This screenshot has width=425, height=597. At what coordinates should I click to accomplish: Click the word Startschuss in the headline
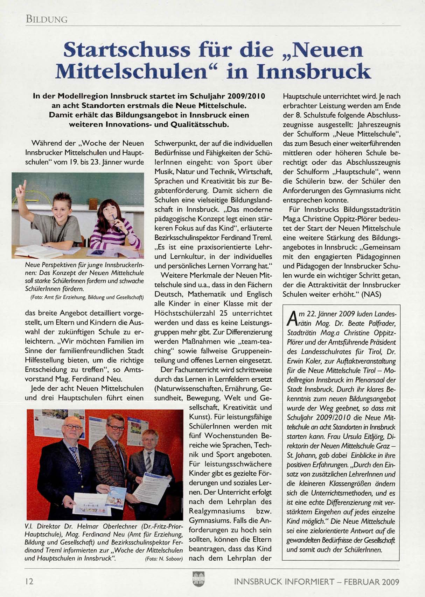(x=127, y=50)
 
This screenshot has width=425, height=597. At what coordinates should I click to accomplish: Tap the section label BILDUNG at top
(x=47, y=19)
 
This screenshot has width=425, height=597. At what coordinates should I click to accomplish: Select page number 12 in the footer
(x=29, y=581)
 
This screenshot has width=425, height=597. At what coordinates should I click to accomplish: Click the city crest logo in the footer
(x=198, y=579)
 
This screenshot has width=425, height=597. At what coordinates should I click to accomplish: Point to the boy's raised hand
(x=22, y=187)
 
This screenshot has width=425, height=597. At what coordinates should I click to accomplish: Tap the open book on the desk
(x=39, y=251)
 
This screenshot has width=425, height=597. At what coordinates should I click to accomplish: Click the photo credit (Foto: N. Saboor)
(x=164, y=559)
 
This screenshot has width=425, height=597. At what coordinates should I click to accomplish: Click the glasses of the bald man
(x=73, y=427)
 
